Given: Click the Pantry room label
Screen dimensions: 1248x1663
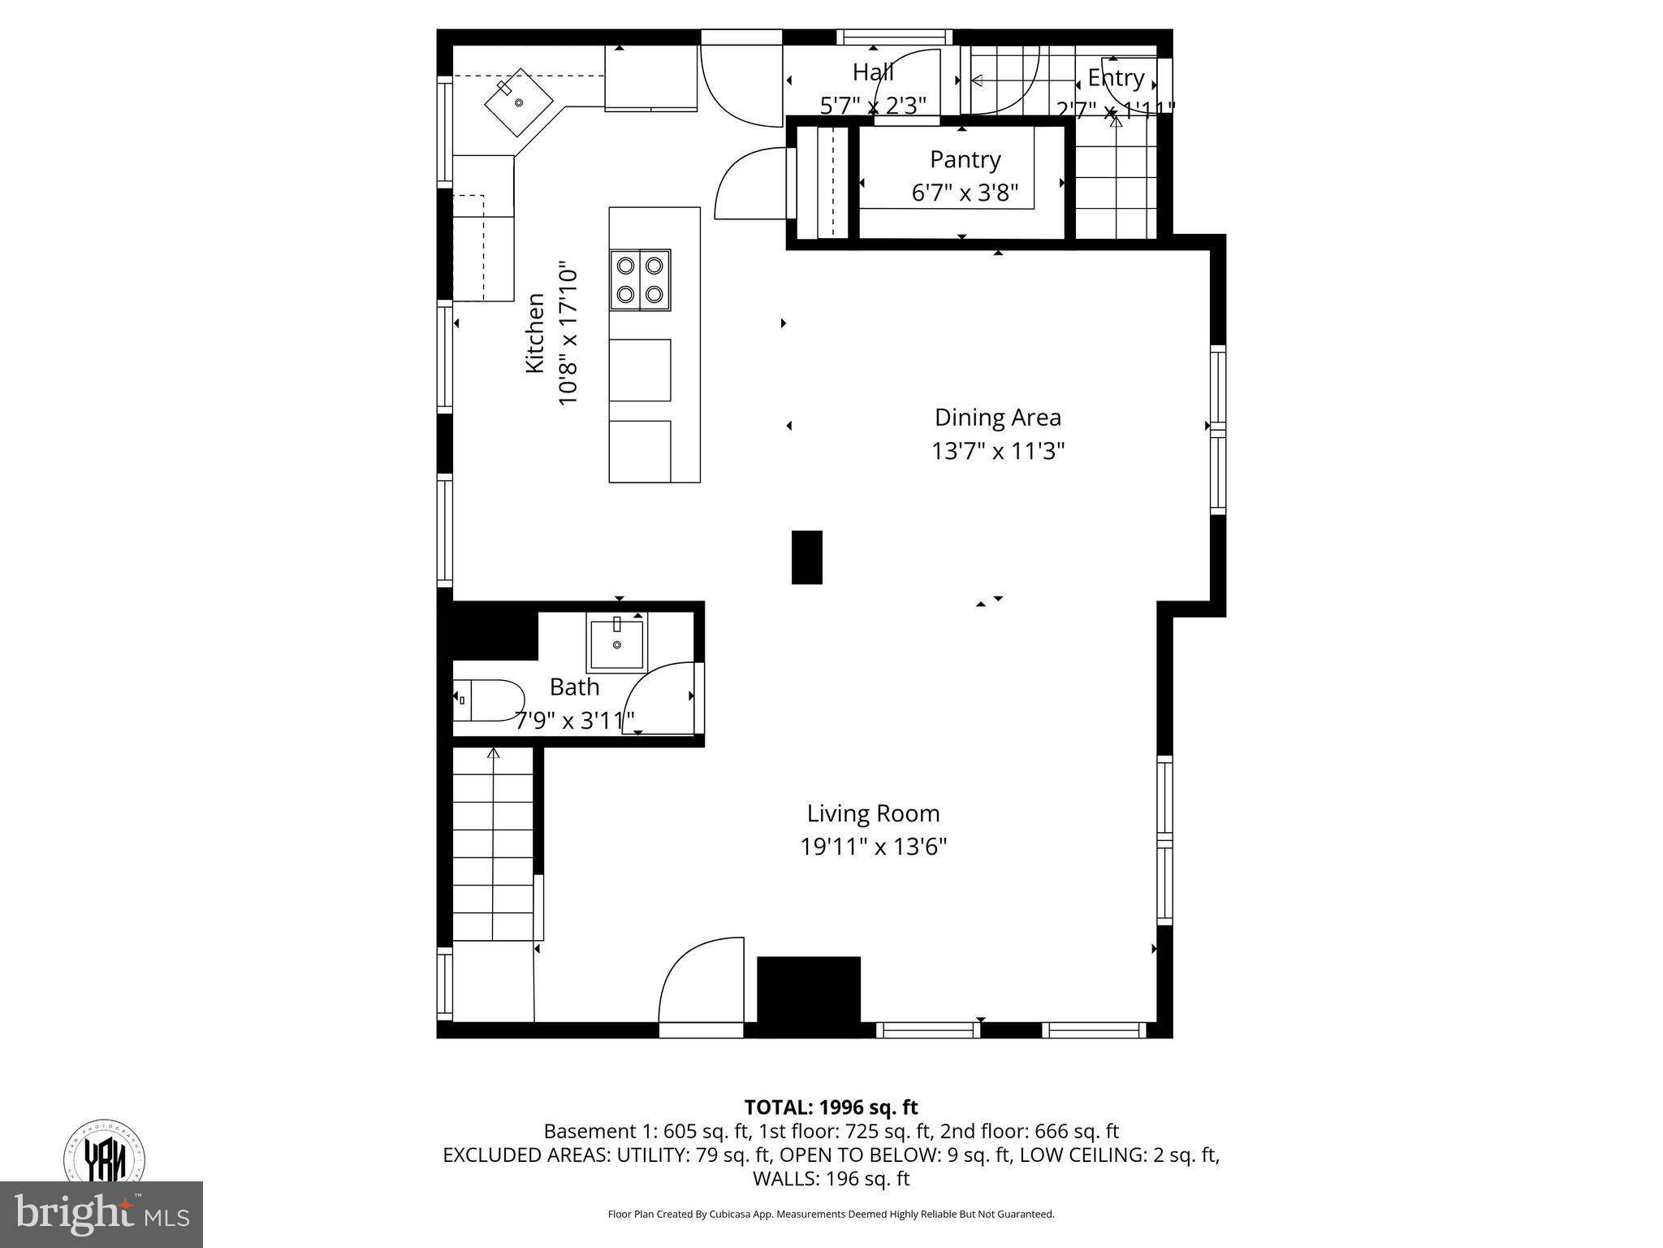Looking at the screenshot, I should [965, 159].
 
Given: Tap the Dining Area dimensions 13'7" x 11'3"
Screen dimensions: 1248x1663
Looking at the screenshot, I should [997, 451].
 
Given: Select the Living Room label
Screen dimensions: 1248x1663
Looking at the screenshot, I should [873, 813].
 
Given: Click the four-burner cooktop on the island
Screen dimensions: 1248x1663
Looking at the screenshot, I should [641, 279].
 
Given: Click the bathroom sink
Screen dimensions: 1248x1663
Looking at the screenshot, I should [616, 643].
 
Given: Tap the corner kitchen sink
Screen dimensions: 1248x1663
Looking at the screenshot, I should [518, 102].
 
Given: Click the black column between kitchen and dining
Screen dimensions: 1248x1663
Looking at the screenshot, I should [806, 557].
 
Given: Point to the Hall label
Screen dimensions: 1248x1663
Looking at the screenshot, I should [873, 72].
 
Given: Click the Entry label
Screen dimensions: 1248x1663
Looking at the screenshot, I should [1116, 78].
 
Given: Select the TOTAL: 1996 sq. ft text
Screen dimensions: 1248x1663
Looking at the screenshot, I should [831, 1107].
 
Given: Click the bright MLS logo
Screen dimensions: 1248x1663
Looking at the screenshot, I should [102, 1214].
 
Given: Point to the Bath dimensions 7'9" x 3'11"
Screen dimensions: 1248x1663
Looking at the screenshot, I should [574, 720].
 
